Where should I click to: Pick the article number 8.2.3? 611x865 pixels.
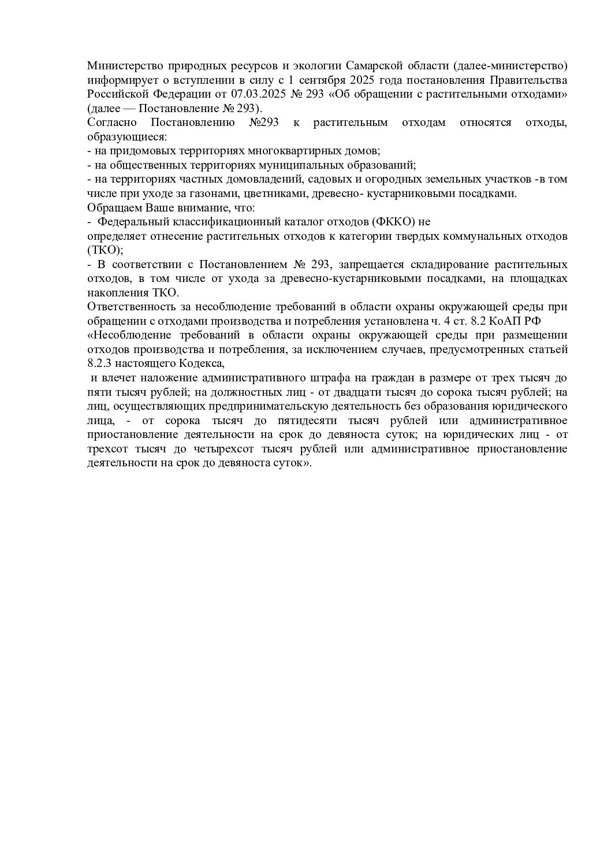point(99,364)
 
